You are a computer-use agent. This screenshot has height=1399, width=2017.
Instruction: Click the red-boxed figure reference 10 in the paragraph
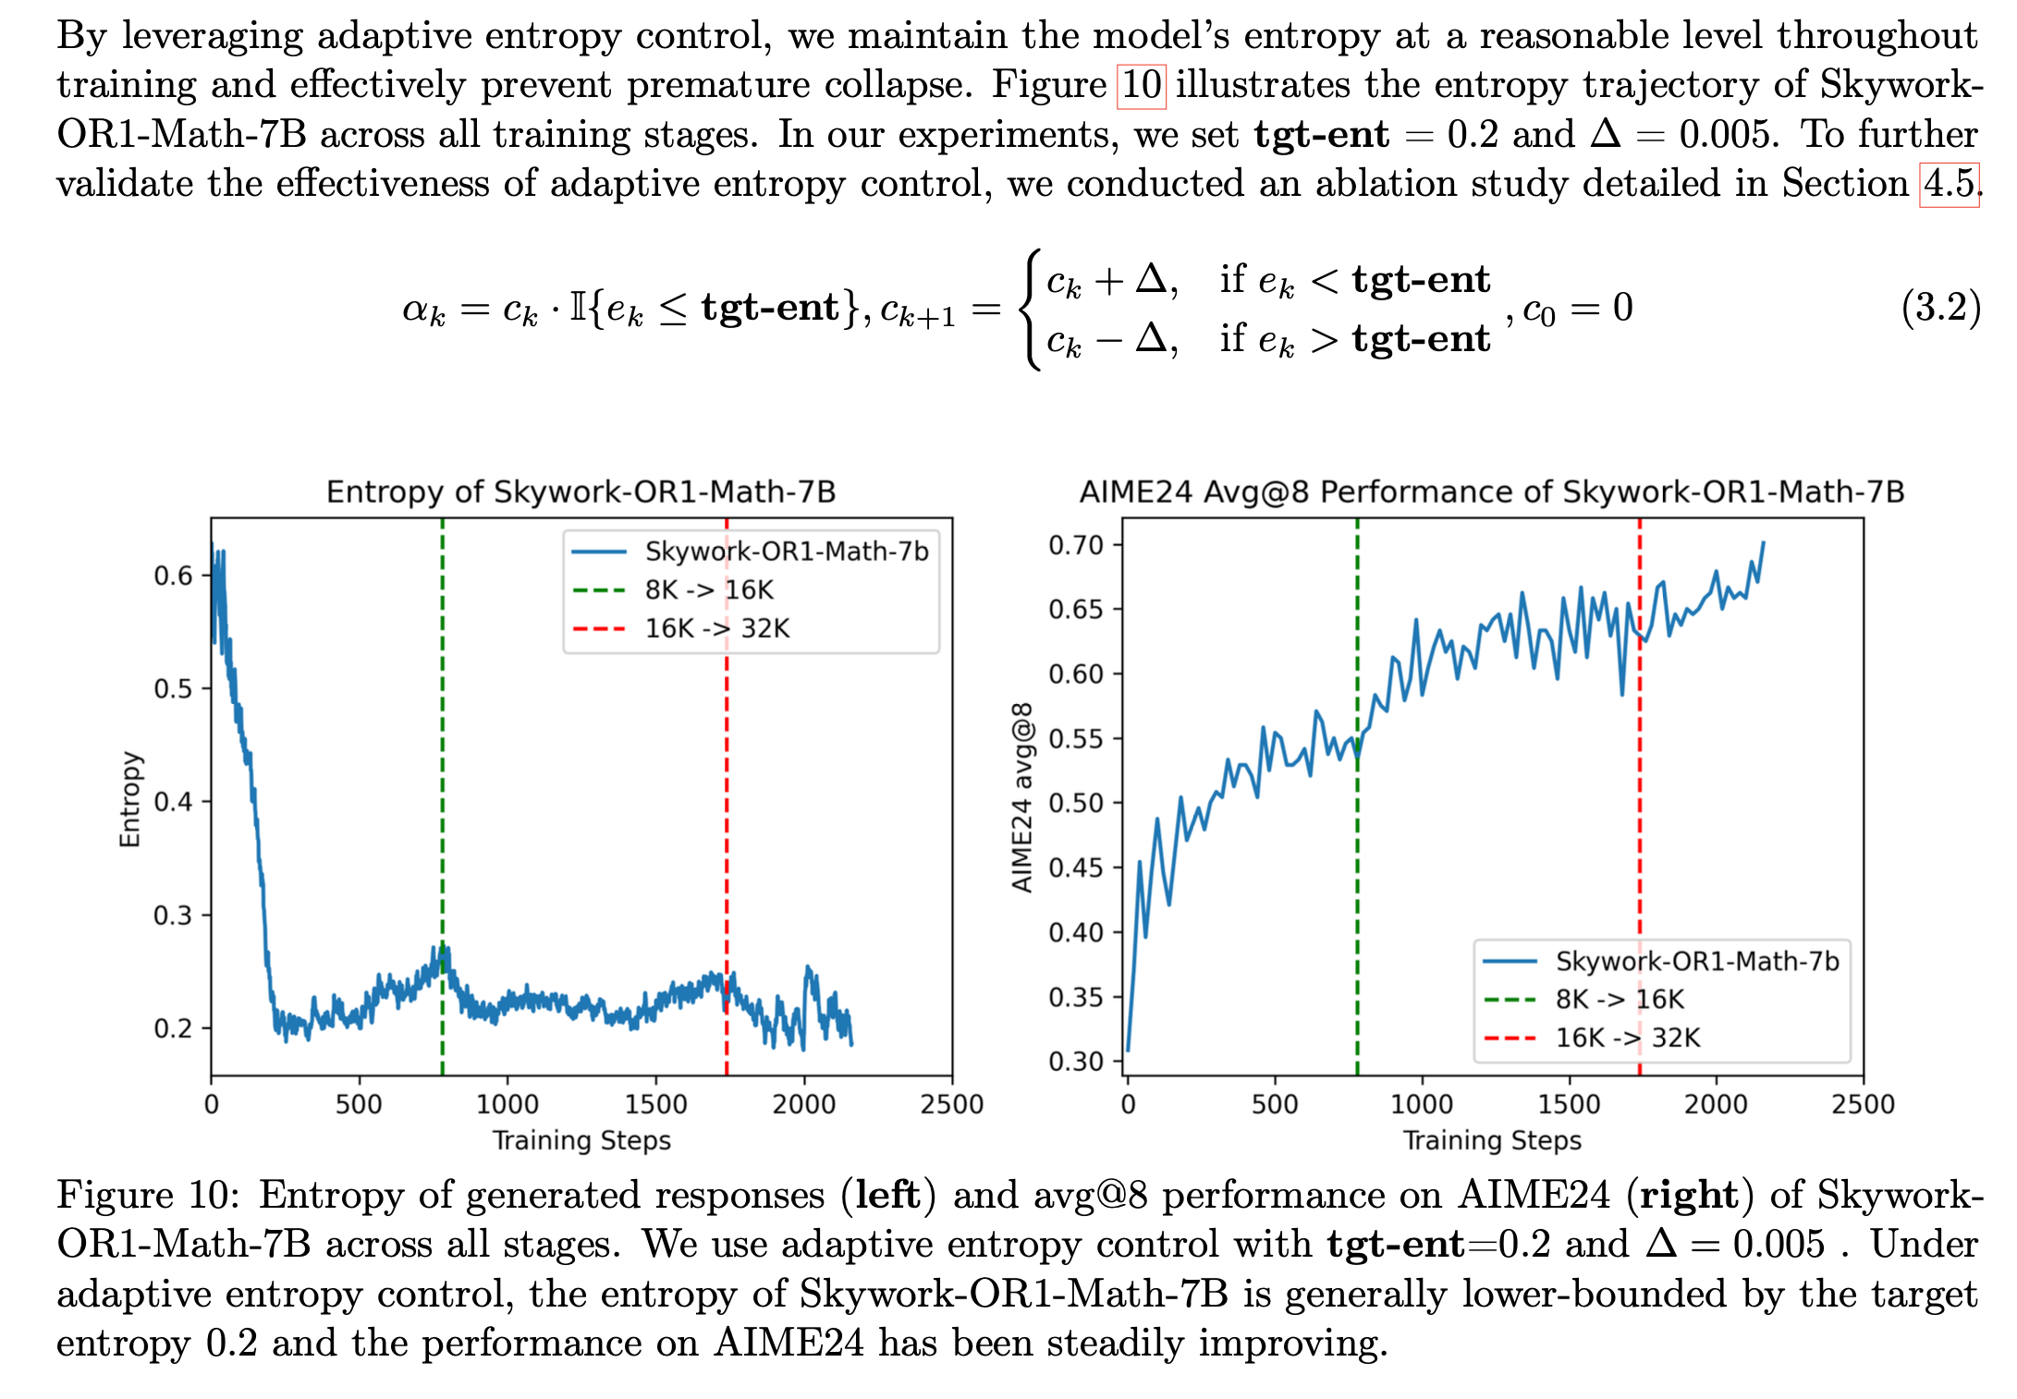1141,86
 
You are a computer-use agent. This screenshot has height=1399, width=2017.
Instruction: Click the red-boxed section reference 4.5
1949,184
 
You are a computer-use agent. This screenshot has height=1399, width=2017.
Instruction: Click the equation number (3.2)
1940,307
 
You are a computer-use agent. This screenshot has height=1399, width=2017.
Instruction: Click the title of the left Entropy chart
581,492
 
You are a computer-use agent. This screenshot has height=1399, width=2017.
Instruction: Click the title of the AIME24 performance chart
1491,492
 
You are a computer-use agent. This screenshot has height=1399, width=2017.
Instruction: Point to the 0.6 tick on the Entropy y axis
173,576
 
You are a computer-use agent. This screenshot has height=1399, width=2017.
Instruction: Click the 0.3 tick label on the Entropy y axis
173,915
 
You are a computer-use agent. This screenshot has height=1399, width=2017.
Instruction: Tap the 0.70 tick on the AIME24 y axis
1076,545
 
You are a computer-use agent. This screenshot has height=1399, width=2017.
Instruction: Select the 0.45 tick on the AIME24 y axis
1076,868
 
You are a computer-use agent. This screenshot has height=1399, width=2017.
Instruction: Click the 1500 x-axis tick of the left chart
655,1103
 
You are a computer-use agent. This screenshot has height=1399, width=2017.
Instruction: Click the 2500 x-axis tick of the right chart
1863,1103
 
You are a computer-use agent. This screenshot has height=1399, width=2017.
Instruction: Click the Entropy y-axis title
130,799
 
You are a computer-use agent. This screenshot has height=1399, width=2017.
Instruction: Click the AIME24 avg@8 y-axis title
1021,797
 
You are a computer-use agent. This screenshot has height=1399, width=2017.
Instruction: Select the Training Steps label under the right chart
1491,1140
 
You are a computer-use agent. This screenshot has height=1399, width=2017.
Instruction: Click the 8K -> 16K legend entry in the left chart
708,590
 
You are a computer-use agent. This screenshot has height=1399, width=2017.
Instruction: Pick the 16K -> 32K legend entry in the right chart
1627,1038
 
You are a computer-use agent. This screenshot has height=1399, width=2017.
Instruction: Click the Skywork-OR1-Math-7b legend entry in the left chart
786,552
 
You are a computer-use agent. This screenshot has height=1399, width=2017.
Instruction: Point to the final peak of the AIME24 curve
1763,543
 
